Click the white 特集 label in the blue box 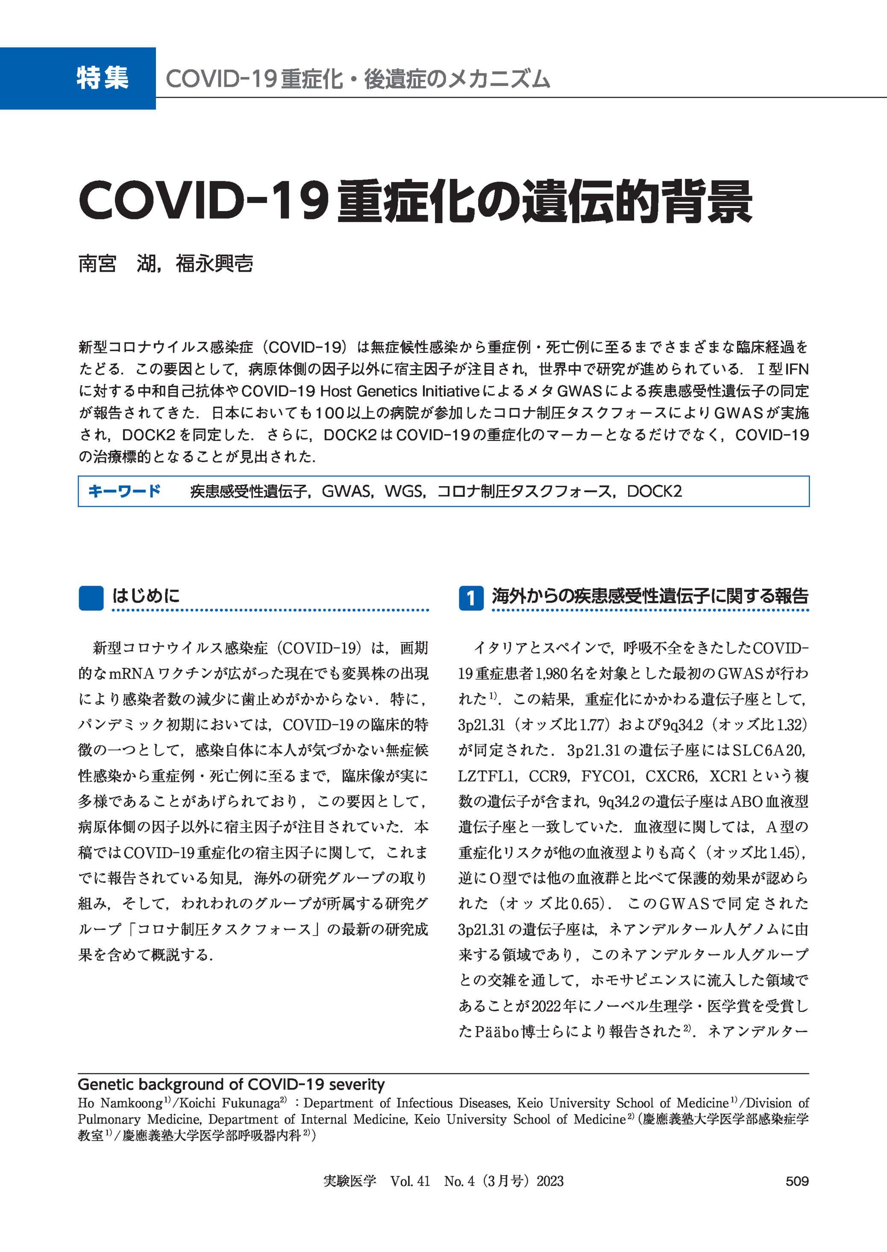point(102,78)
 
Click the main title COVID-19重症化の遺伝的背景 point(415,202)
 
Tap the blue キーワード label point(124,491)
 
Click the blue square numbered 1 point(470,598)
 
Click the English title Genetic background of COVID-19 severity point(231,1085)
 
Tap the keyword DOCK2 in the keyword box point(654,491)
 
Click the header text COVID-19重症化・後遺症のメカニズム point(358,79)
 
